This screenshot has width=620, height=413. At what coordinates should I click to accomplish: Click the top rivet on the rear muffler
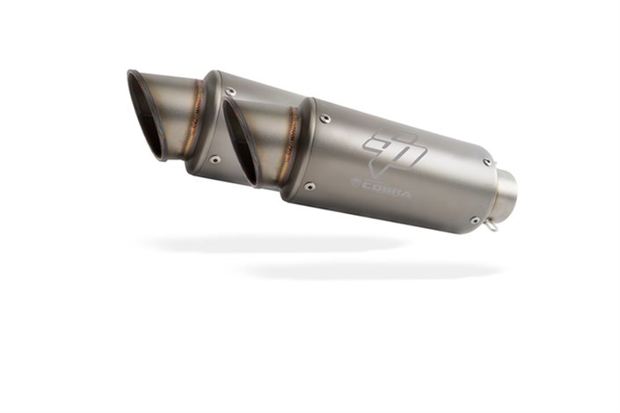[230, 91]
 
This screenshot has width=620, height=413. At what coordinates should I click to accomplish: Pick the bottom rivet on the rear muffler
[215, 159]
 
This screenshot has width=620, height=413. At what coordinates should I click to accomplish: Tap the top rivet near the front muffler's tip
[325, 119]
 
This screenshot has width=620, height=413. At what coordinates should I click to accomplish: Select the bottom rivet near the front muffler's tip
[309, 187]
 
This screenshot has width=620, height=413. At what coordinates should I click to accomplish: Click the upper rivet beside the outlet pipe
[487, 162]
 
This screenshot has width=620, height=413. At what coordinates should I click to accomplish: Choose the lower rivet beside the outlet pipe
[475, 219]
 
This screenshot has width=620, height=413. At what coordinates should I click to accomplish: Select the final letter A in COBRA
[405, 190]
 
